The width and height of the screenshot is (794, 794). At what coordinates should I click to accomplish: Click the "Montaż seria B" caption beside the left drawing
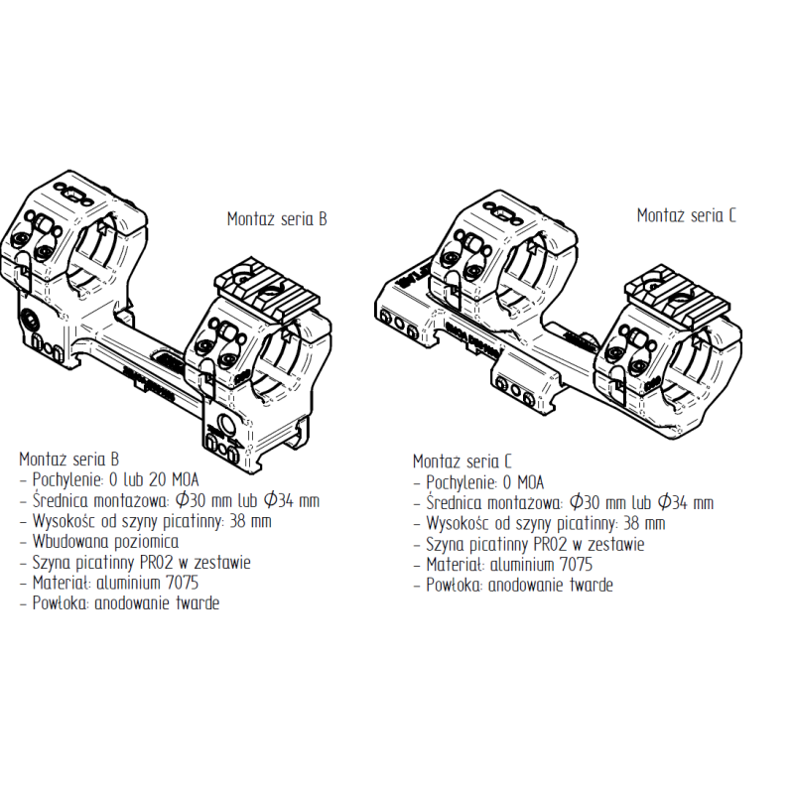pyautogui.click(x=277, y=219)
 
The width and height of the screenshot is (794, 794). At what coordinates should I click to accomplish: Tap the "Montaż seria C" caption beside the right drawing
pyautogui.click(x=686, y=215)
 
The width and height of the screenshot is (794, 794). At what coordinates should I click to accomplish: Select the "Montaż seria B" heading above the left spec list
pyautogui.click(x=68, y=460)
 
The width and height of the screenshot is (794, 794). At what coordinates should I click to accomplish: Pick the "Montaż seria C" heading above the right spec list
pyautogui.click(x=463, y=462)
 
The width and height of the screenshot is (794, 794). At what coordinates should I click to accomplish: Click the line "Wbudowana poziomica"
pyautogui.click(x=105, y=542)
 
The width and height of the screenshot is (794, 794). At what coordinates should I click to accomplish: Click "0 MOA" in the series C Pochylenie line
pyautogui.click(x=523, y=482)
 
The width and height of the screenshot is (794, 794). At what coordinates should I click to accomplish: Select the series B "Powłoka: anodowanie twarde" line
pyautogui.click(x=126, y=603)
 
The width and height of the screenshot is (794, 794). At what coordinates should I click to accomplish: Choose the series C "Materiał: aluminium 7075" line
pyautogui.click(x=509, y=565)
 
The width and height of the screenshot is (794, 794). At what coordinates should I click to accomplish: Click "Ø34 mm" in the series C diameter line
pyautogui.click(x=686, y=503)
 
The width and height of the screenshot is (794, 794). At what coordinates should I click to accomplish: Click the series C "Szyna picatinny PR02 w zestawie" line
pyautogui.click(x=535, y=544)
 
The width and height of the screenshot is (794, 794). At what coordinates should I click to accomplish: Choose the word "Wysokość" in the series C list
pyautogui.click(x=459, y=524)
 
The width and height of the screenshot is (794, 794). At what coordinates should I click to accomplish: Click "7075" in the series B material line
pyautogui.click(x=182, y=583)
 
